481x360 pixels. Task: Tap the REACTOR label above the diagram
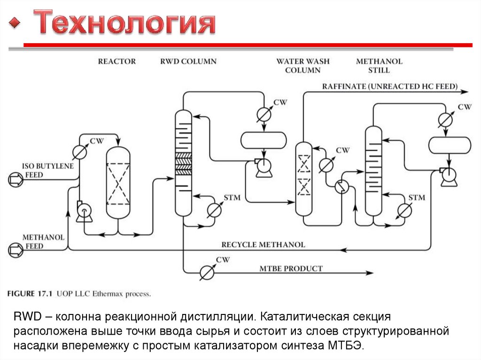point(116,61)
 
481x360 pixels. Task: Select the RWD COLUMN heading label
point(188,61)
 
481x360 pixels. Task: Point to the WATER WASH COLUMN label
point(303,66)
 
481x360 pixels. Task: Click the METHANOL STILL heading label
point(379,66)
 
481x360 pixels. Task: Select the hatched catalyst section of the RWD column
point(183,164)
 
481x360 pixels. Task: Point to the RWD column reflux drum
point(263,140)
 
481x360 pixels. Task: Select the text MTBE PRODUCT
point(291,269)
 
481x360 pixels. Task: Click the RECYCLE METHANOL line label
point(263,245)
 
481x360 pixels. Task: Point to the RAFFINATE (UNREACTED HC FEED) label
point(389,86)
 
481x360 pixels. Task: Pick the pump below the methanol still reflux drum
point(448,174)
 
